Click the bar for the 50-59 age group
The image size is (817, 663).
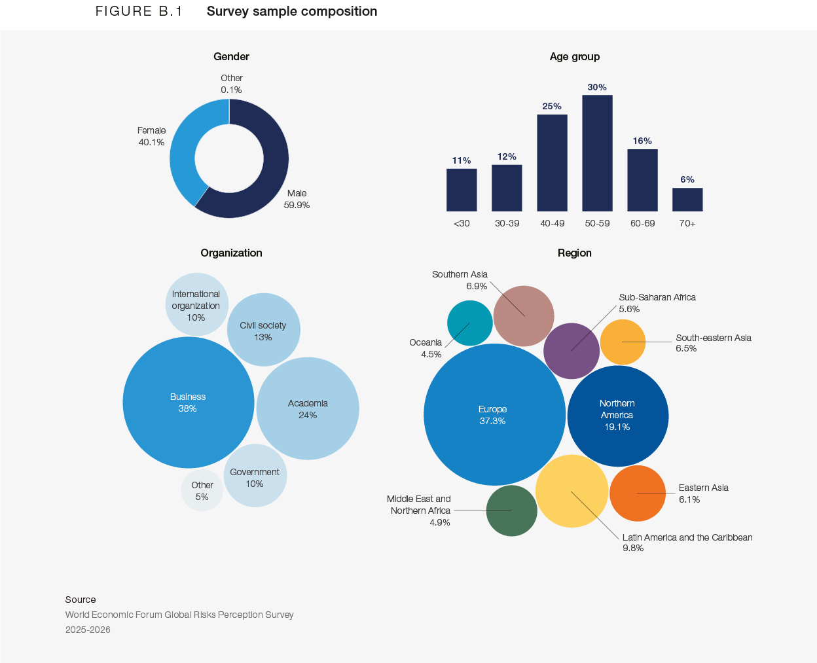[x=597, y=154]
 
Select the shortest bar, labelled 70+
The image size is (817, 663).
[x=687, y=200]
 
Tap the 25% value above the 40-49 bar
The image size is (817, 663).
[x=552, y=106]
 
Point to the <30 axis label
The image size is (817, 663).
[x=462, y=223]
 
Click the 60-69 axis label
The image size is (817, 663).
[x=642, y=223]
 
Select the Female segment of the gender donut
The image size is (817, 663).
[x=183, y=157]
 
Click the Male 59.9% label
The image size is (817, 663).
[x=297, y=199]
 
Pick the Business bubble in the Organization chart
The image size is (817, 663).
[x=188, y=403]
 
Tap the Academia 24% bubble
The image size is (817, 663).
[x=308, y=409]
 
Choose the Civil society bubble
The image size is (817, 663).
[x=263, y=331]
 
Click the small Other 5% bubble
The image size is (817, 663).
[x=202, y=491]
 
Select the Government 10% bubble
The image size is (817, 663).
[x=255, y=477]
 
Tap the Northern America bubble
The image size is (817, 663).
[x=617, y=416]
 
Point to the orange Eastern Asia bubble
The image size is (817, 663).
[x=638, y=493]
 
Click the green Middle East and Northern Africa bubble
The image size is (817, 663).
[x=511, y=511]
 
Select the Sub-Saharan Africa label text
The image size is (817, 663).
[x=657, y=297]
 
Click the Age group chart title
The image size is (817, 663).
[x=574, y=56]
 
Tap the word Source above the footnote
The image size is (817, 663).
[x=81, y=600]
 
